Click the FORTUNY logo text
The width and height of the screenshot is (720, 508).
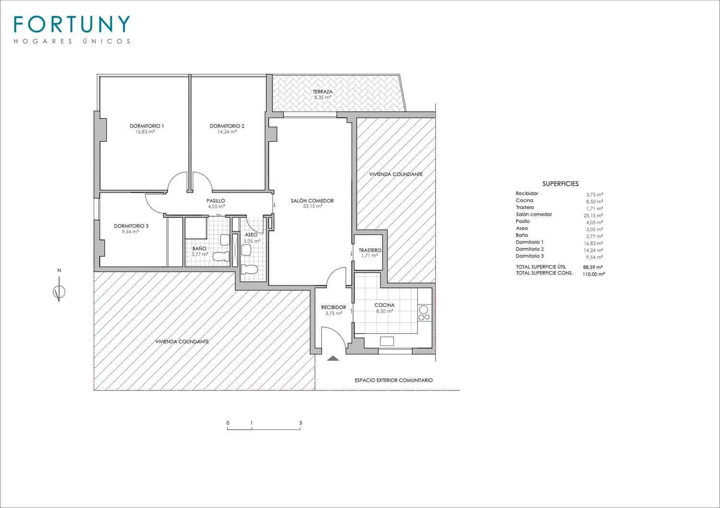tap(72, 24)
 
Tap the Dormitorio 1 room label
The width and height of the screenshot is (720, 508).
tap(147, 126)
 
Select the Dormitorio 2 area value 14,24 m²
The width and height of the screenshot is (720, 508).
tap(227, 132)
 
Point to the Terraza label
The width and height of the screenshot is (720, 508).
tap(323, 92)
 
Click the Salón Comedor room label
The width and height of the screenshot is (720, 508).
tap(312, 201)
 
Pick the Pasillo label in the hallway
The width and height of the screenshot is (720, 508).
tap(216, 201)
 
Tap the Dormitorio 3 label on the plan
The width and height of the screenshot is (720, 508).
tap(131, 226)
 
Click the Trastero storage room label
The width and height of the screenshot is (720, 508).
tap(370, 251)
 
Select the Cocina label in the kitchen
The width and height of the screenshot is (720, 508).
tap(384, 305)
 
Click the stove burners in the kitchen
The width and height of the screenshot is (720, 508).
tap(424, 313)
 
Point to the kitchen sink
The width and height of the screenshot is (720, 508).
tap(387, 341)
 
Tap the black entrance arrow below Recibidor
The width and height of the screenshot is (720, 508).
tap(332, 358)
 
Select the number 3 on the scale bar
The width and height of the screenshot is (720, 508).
tap(300, 423)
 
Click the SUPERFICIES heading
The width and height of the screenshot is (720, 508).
tap(560, 184)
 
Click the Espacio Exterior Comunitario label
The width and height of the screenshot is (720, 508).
tap(394, 380)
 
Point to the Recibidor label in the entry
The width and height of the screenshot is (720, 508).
tap(334, 308)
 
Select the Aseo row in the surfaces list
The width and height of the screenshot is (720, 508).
tap(522, 229)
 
